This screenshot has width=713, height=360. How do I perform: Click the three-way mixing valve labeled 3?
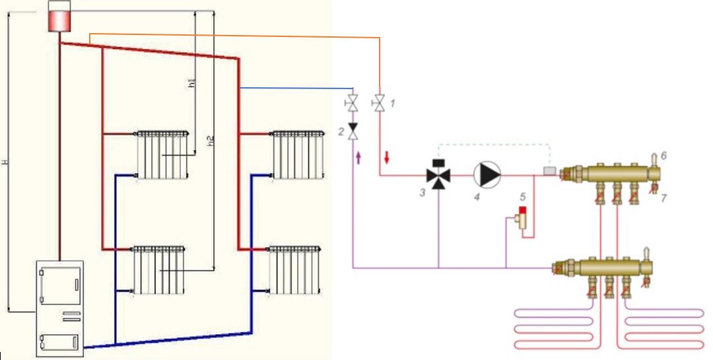coord(437,175)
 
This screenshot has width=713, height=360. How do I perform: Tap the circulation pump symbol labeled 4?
coord(488,174)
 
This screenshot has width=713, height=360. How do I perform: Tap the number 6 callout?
coord(664,155)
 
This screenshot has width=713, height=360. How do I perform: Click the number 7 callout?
coord(664,197)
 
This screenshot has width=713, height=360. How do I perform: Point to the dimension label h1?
coord(191,83)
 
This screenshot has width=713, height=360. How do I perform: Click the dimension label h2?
coord(211,140)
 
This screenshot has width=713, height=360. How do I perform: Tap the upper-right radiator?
coord(299,154)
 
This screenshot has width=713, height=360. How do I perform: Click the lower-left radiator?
coord(158,270)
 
